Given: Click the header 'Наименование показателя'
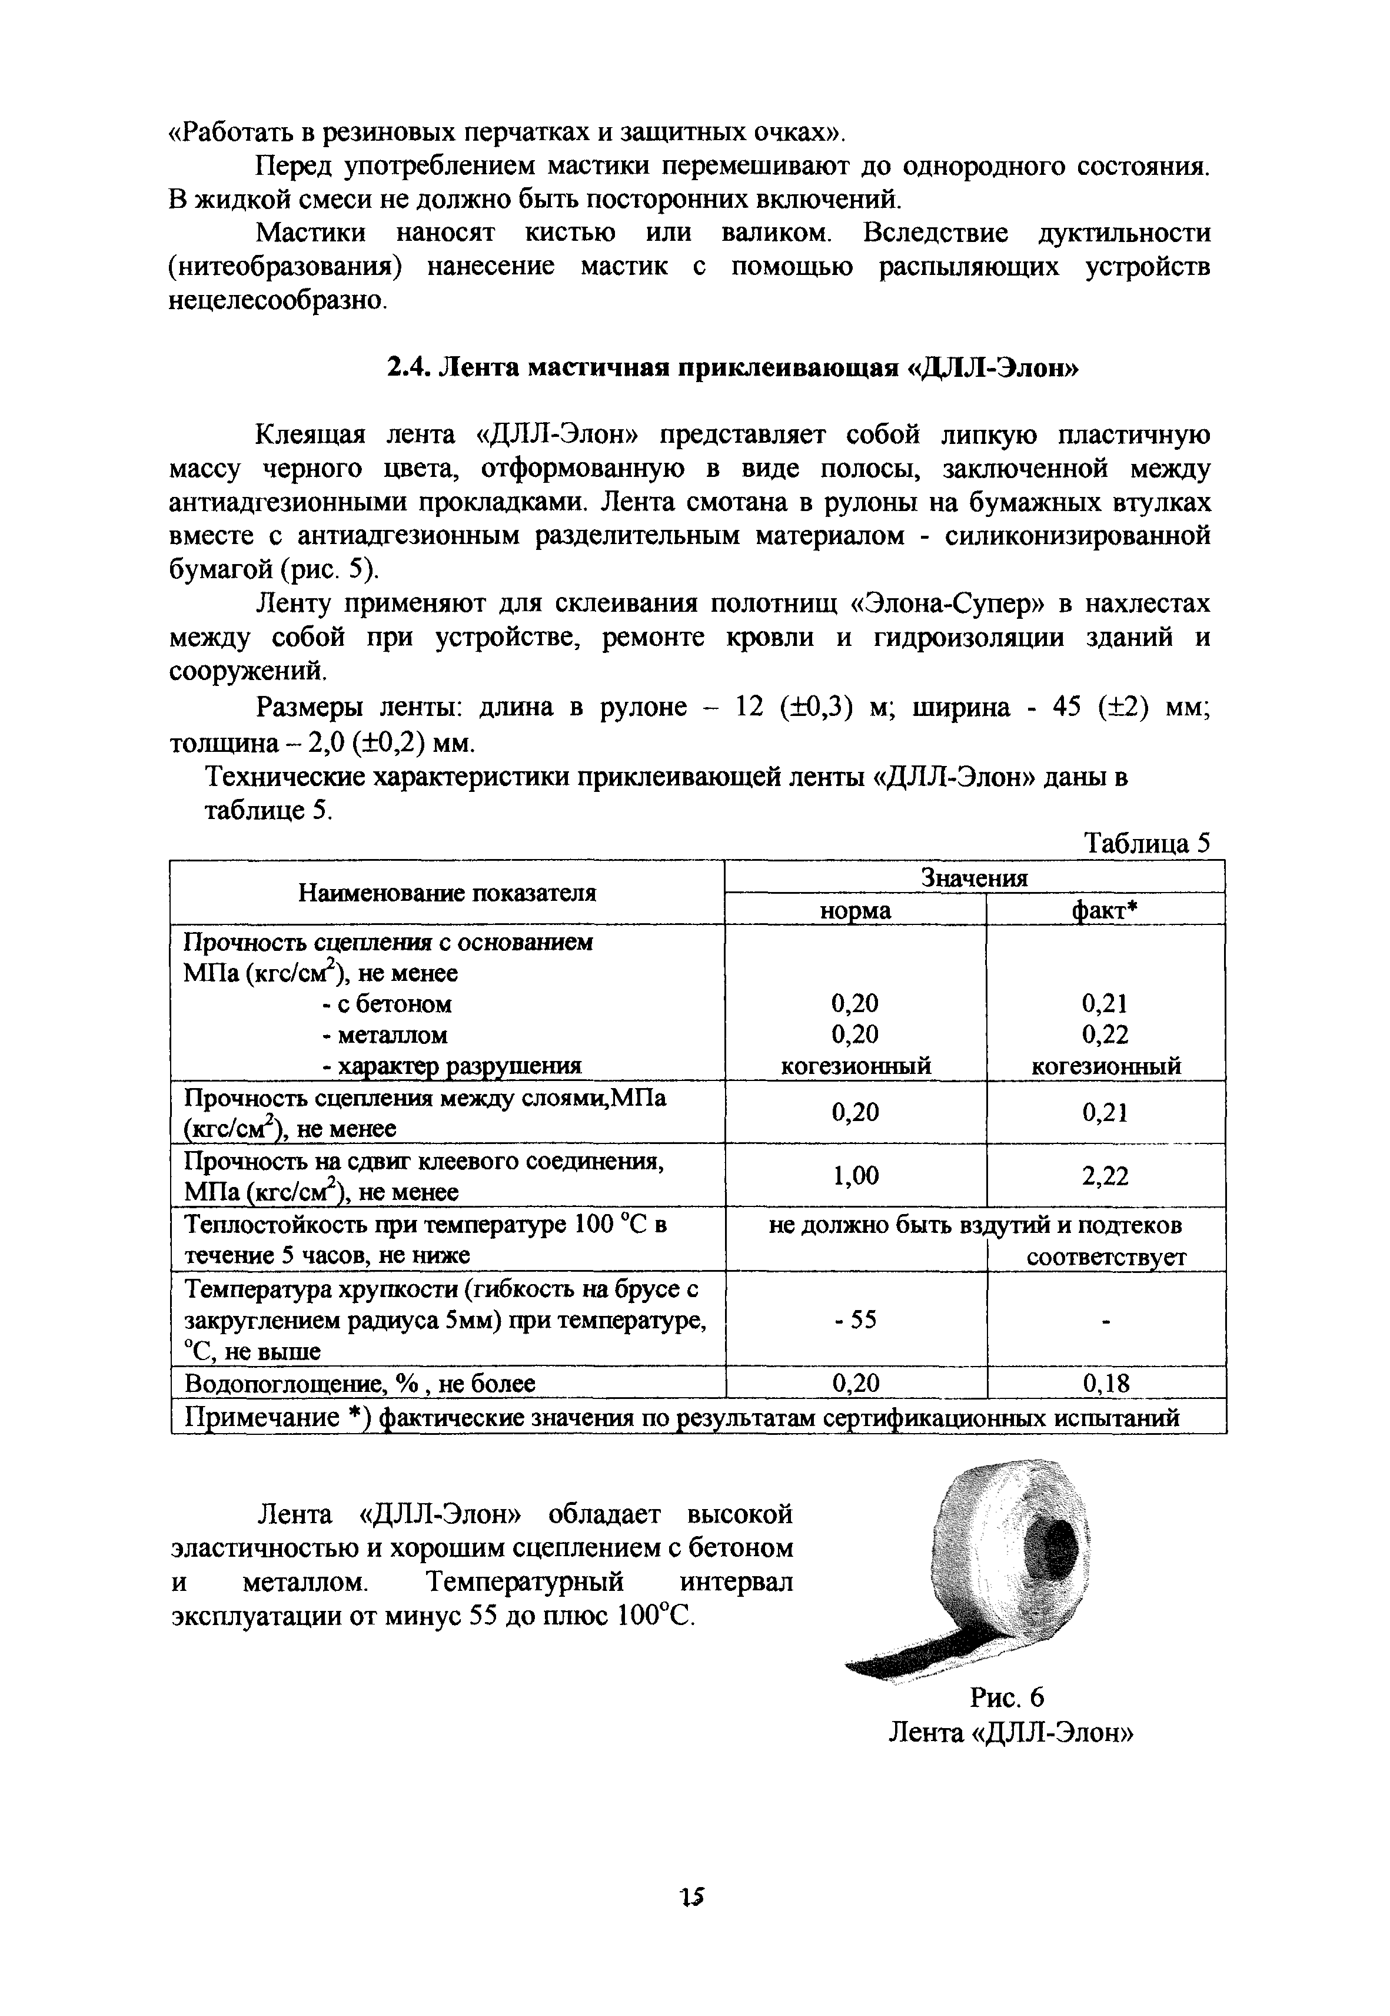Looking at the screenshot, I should click(x=447, y=893).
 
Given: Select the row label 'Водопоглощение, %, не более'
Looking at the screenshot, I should click(x=360, y=1384).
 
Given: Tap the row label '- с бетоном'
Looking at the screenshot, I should click(x=386, y=1004).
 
